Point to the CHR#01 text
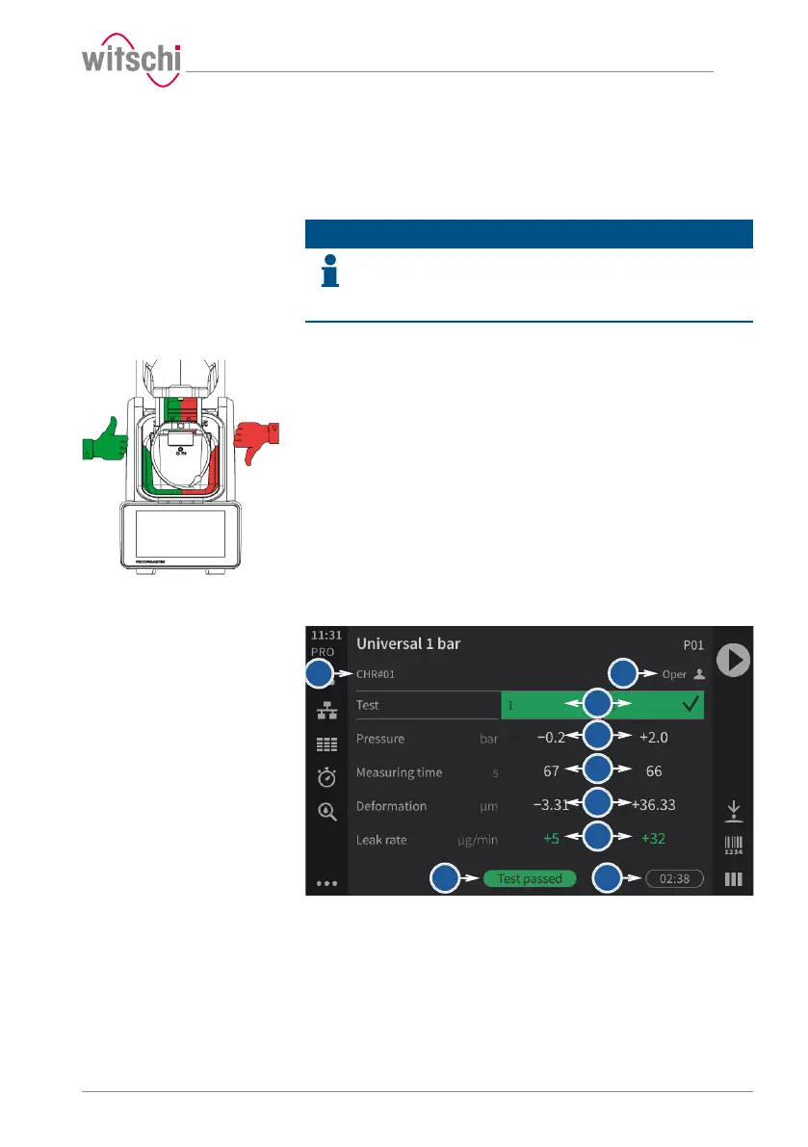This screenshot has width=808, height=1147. [377, 674]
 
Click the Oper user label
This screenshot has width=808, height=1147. [674, 674]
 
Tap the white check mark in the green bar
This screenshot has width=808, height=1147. [691, 705]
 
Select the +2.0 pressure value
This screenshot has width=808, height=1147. [654, 739]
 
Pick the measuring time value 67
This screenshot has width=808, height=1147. [552, 772]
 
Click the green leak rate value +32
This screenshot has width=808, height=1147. [655, 839]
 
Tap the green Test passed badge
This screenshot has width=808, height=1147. [530, 878]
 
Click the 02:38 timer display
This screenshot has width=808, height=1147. [674, 878]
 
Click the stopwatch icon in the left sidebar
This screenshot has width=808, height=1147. [326, 777]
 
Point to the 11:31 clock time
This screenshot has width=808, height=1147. [326, 636]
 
